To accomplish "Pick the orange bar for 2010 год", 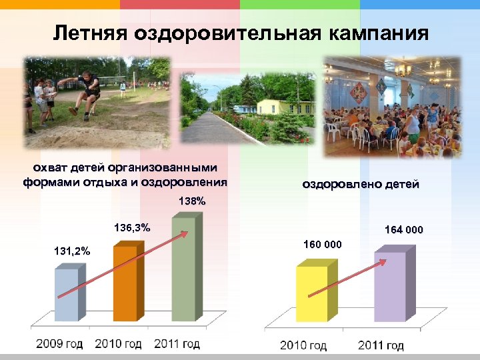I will [x=125, y=283].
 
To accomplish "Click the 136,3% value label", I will [x=133, y=228].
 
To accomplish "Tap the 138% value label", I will [x=192, y=201].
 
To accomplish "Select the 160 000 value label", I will [x=323, y=245].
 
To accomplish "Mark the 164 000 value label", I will [x=404, y=231].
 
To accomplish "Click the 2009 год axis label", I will [x=60, y=344].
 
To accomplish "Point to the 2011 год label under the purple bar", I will [x=381, y=345].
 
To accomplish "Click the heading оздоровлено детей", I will [x=361, y=184].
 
